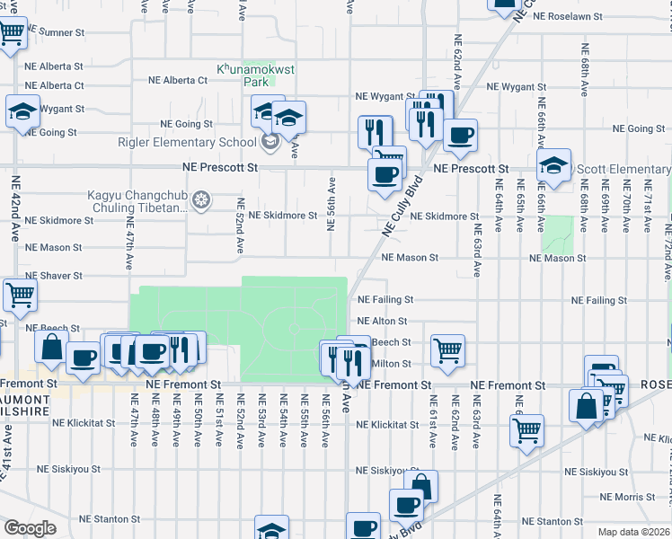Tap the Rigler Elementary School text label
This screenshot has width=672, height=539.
click(187, 142)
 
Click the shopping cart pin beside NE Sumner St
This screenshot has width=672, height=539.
click(11, 34)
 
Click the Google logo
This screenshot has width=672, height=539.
click(30, 528)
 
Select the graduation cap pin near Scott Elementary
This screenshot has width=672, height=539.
click(554, 166)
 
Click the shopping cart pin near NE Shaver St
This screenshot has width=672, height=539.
click(19, 293)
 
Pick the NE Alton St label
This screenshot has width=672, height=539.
click(382, 321)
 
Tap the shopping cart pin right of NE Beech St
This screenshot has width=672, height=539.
click(447, 349)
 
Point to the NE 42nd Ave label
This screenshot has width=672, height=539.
click(15, 206)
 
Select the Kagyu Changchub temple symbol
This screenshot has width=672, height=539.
click(202, 198)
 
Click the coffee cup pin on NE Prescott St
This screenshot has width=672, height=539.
click(385, 174)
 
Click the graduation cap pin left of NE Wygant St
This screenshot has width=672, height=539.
click(22, 113)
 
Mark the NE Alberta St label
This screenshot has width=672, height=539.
click(53, 66)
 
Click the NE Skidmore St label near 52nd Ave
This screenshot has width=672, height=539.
click(283, 216)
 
